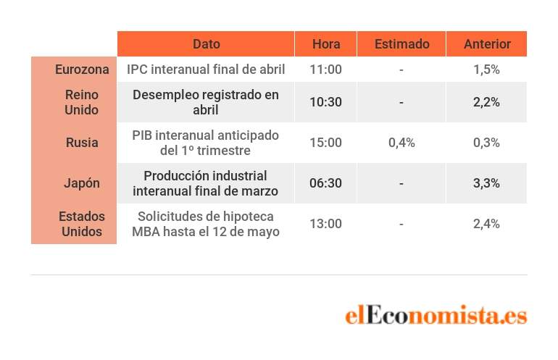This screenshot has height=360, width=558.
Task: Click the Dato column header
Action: (206, 44)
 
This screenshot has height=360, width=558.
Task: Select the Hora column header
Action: (326, 44)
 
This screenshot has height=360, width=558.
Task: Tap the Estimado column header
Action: (401, 44)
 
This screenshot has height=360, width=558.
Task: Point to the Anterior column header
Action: (487, 44)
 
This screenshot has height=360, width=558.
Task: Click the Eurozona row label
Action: (82, 70)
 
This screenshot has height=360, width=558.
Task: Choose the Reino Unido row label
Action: (81, 102)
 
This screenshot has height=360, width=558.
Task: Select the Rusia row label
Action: (82, 143)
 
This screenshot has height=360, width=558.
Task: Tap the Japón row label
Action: (81, 183)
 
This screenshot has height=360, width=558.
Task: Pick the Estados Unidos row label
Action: (81, 224)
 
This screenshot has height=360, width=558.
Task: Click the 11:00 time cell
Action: (325, 70)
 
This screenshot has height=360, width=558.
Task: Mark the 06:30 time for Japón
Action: (325, 183)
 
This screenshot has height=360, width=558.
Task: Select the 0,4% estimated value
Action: (401, 143)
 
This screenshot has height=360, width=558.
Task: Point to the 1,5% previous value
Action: (486, 70)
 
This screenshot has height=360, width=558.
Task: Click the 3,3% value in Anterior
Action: (486, 183)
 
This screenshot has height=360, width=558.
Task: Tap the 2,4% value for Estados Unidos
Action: (486, 224)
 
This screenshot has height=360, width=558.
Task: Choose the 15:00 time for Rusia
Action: (325, 143)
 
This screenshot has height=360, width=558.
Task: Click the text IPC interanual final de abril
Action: (206, 70)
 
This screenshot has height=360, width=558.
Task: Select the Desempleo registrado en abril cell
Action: (206, 102)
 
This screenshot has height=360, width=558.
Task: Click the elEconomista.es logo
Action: (436, 315)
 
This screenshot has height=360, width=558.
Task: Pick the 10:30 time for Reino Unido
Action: (325, 102)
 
